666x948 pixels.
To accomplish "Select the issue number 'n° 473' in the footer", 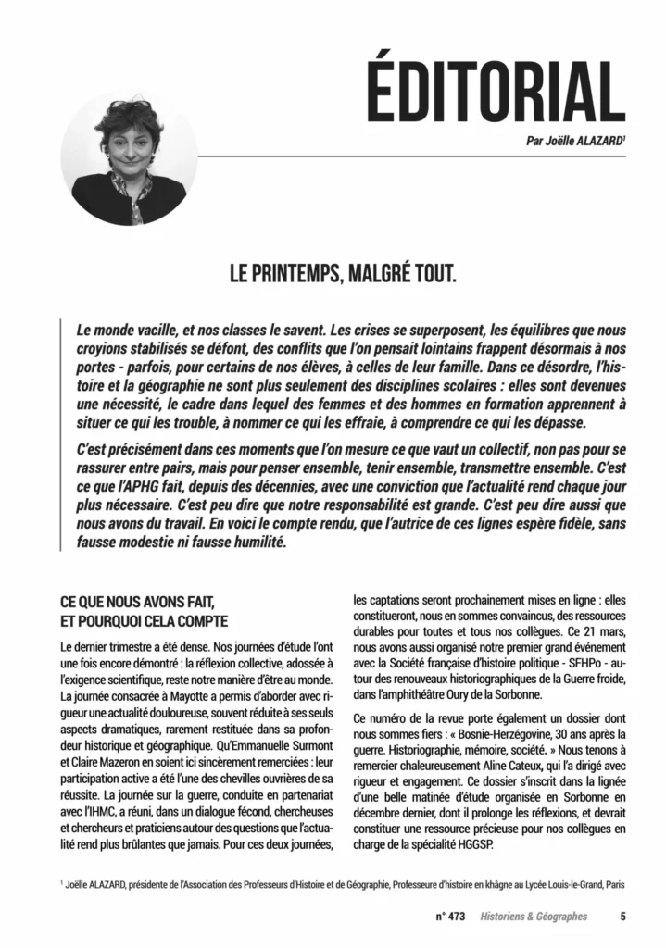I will tap(449, 917).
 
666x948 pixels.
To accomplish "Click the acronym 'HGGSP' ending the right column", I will tap(488, 843).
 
